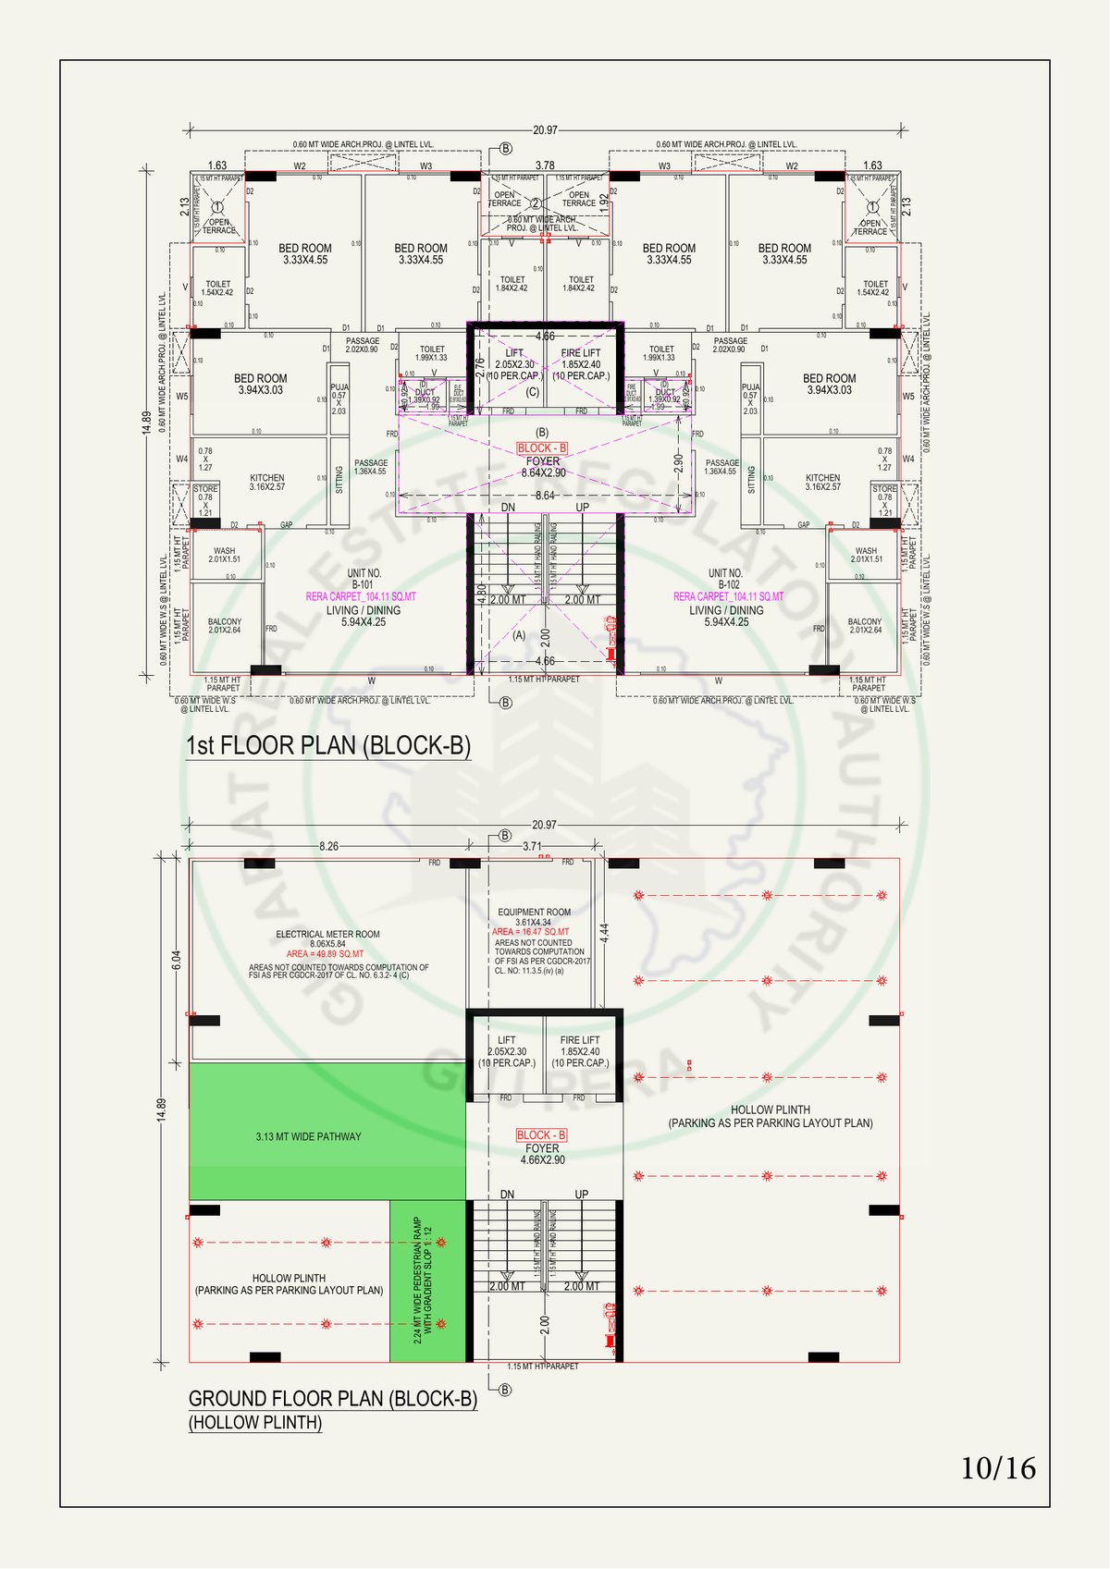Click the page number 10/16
tap(998, 1468)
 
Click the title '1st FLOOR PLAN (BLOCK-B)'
tap(328, 746)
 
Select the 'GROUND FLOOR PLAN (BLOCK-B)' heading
tap(333, 1399)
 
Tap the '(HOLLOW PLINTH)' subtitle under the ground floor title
tap(255, 1423)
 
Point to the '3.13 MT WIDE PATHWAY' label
tap(308, 1136)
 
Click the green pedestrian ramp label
tap(423, 1280)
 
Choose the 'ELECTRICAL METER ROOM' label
tap(327, 935)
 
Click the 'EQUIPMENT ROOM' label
tap(534, 913)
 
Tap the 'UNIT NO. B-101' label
tap(364, 579)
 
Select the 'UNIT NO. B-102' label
tap(725, 579)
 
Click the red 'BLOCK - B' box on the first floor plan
tap(542, 448)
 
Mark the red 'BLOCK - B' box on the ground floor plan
tap(541, 1135)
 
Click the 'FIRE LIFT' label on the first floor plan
tap(581, 353)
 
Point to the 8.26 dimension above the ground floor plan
tap(328, 846)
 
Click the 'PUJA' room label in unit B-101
tap(339, 388)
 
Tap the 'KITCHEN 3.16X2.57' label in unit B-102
tap(822, 483)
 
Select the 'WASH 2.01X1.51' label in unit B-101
tap(224, 555)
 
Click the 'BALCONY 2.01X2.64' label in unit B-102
tap(864, 626)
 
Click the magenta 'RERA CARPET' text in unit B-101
tap(361, 597)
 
